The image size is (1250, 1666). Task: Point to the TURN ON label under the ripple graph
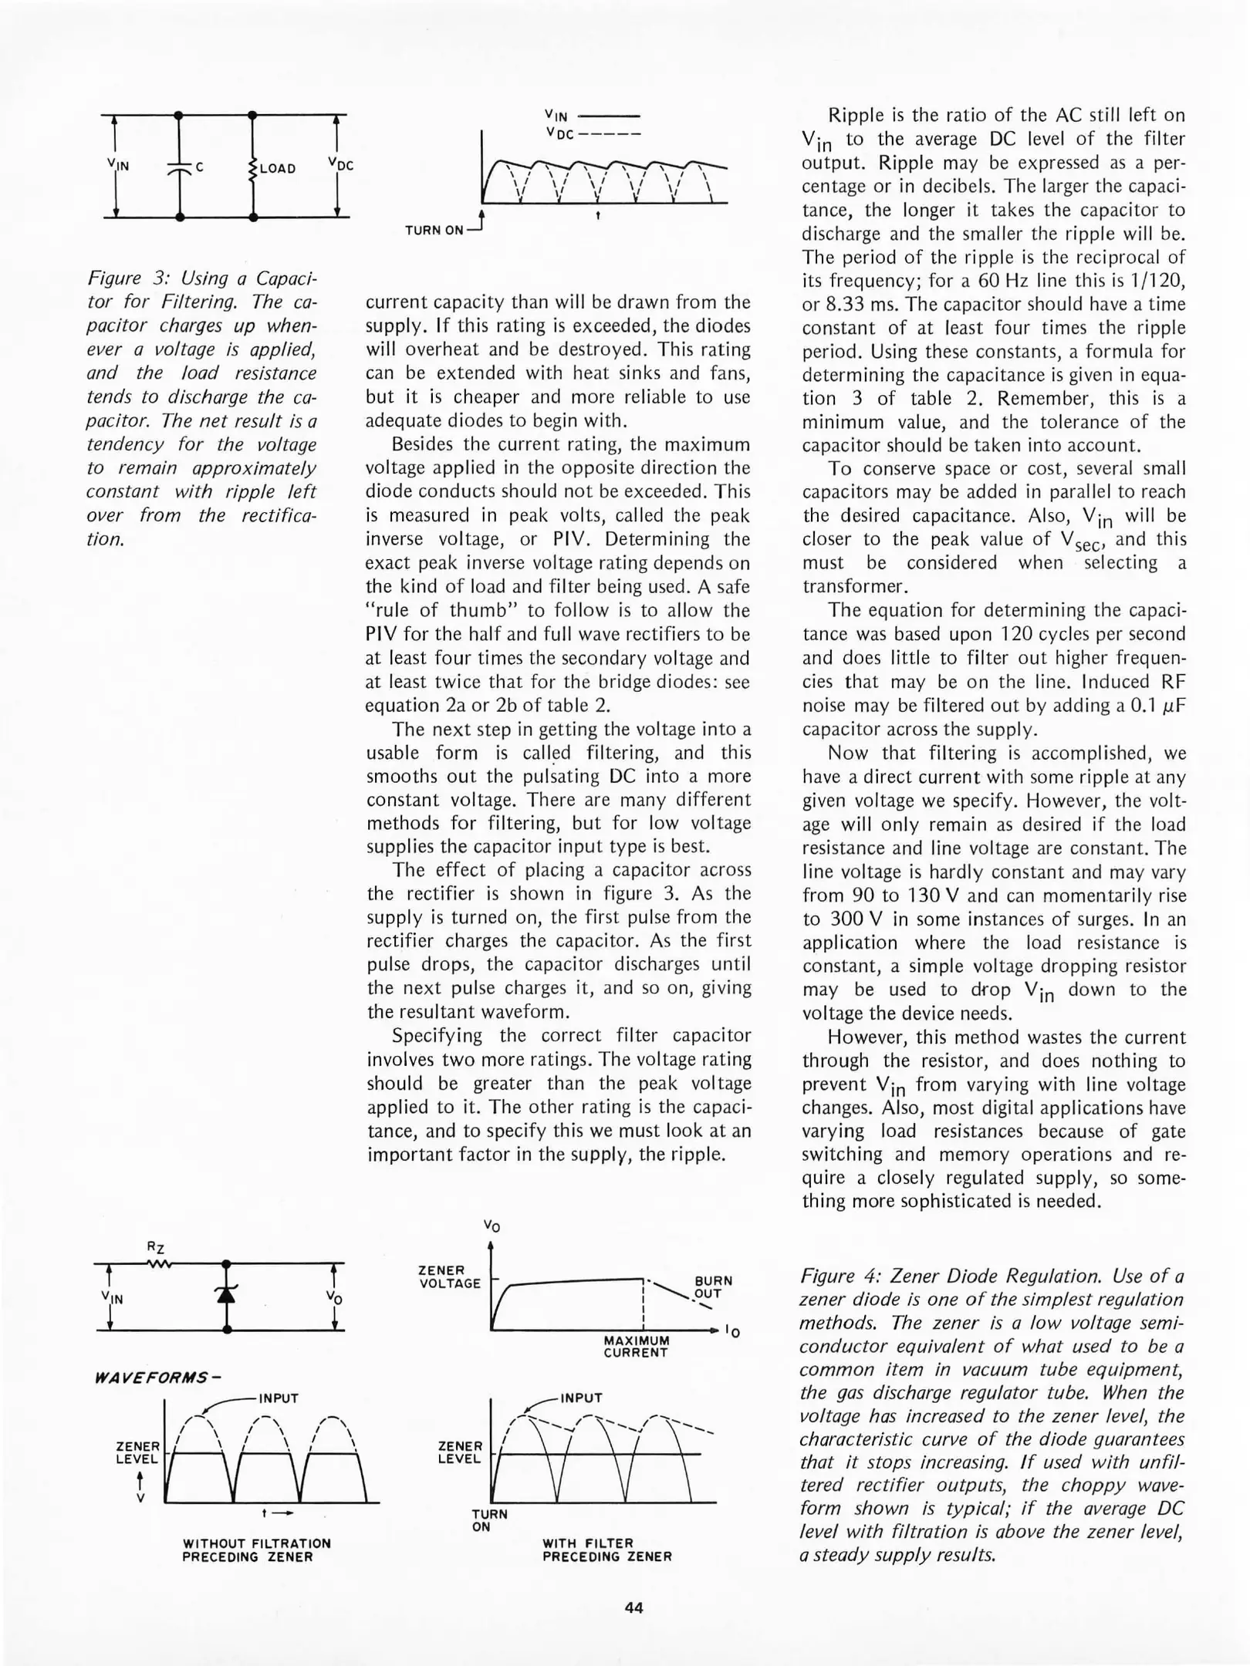pos(434,230)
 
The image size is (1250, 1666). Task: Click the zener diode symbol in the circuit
pos(226,1295)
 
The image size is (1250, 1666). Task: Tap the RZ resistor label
pos(156,1247)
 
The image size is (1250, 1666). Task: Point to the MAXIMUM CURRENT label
pos(636,1347)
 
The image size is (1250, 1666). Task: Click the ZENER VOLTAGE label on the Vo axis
pos(449,1276)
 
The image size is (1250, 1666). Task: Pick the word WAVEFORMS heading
pos(151,1377)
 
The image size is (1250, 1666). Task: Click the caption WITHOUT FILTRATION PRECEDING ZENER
pos(256,1550)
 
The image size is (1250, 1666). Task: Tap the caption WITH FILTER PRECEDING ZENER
pos(607,1550)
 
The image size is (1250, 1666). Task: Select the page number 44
pos(633,1608)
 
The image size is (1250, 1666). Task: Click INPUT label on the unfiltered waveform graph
pos(279,1398)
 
